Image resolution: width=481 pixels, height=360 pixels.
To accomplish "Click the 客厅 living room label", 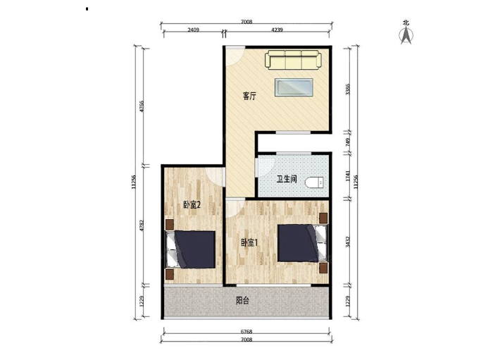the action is pyautogui.click(x=249, y=96).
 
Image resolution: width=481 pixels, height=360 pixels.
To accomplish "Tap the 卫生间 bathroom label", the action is pyautogui.click(x=287, y=179).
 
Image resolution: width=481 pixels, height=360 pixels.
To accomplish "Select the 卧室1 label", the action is pyautogui.click(x=249, y=243).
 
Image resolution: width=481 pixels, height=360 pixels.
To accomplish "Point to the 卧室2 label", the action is pyautogui.click(x=192, y=205).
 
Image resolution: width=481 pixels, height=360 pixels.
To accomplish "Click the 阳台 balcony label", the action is pyautogui.click(x=242, y=300).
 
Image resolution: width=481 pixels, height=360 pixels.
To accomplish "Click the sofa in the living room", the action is pyautogui.click(x=293, y=60).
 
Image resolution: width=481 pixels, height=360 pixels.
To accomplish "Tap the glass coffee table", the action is pyautogui.click(x=294, y=87).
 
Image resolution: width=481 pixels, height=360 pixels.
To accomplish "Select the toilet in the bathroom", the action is pyautogui.click(x=314, y=182).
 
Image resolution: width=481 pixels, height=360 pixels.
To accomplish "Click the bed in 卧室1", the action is pyautogui.click(x=302, y=243).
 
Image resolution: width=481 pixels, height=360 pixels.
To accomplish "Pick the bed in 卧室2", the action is pyautogui.click(x=190, y=250).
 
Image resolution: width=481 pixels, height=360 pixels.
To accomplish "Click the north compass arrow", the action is pyautogui.click(x=406, y=35).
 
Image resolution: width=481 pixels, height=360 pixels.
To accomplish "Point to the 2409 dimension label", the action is pyautogui.click(x=193, y=30).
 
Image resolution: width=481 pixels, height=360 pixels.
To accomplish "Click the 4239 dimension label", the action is pyautogui.click(x=277, y=30).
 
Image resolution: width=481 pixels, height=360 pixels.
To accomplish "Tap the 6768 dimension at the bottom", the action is pyautogui.click(x=246, y=331).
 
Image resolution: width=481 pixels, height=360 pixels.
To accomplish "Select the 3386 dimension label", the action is pyautogui.click(x=348, y=89).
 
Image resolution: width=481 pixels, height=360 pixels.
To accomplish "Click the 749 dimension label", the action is pyautogui.click(x=348, y=142).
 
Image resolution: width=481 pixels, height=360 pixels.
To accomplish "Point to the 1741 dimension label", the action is pyautogui.click(x=348, y=176).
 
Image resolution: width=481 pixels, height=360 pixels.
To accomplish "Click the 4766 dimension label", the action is pyautogui.click(x=142, y=106).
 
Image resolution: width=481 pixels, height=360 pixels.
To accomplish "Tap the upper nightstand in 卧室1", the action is pyautogui.click(x=323, y=218).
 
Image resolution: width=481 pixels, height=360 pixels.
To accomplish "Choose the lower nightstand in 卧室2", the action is pyautogui.click(x=170, y=274).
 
